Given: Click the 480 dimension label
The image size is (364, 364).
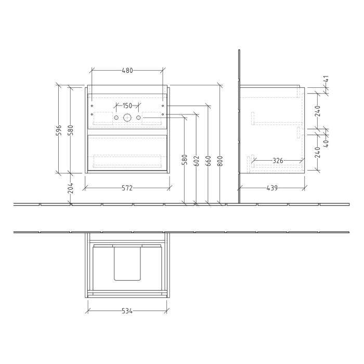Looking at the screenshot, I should pos(127,70).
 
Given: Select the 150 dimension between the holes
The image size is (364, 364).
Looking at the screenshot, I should pos(127,106).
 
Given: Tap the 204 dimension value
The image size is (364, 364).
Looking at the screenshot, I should pos(70,188).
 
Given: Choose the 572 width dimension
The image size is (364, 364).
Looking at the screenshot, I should pos(127,188).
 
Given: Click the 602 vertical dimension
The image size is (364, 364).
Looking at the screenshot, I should pos(196,160).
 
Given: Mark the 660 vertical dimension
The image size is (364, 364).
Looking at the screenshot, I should pos(208,160).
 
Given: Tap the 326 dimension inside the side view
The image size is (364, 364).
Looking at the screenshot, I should pos(278,161).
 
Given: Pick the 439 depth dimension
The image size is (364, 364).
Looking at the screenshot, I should pos(271,188).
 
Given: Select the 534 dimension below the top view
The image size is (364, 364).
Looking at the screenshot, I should pos(127,311).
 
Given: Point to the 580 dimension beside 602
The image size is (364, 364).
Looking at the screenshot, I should pos(185,160).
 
